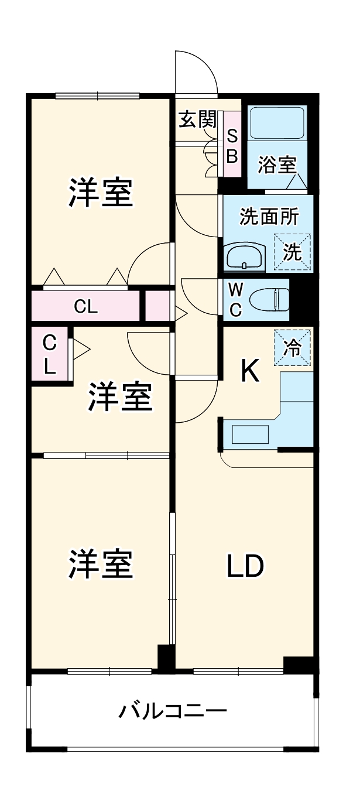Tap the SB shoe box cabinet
232,146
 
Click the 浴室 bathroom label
278,165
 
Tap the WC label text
235,299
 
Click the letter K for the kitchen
251,371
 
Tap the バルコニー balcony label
173,711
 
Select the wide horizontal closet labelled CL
85,306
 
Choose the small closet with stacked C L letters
50,354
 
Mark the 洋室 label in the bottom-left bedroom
101,564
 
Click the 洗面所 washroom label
269,217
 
